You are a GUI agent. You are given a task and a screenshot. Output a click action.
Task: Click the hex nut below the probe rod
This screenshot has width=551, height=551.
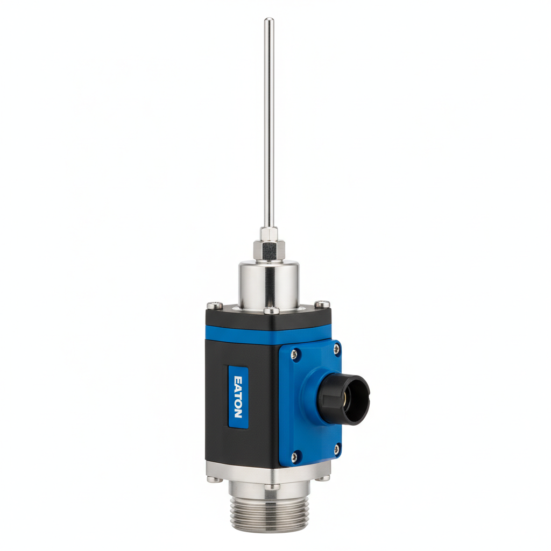click(269, 249)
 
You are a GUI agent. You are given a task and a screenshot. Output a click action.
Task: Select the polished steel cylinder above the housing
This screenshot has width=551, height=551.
click(269, 282)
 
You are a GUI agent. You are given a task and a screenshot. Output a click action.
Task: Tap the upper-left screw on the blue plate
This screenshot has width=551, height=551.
click(294, 354)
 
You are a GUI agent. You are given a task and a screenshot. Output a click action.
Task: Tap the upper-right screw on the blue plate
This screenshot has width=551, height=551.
click(336, 349)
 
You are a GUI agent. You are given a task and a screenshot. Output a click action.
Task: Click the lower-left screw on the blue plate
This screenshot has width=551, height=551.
click(294, 458)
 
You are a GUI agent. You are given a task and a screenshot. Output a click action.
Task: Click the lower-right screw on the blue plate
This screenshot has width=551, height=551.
click(337, 447)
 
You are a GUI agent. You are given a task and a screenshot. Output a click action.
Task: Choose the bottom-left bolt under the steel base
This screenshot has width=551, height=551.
click(214, 478)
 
